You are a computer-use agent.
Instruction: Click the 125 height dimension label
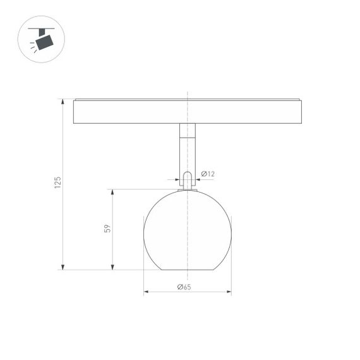pyautogui.click(x=57, y=183)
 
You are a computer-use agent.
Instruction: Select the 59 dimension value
pyautogui.click(x=107, y=229)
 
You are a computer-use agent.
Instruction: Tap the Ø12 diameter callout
pyautogui.click(x=208, y=174)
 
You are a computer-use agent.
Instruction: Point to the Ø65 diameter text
pyautogui.click(x=184, y=287)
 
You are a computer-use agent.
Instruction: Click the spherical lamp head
pyautogui.click(x=188, y=231)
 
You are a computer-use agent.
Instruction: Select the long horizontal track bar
pyautogui.click(x=188, y=112)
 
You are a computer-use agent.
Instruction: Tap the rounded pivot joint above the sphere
pyautogui.click(x=188, y=179)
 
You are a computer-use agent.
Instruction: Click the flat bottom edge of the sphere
pyautogui.click(x=188, y=270)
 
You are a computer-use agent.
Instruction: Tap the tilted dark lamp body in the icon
pyautogui.click(x=45, y=42)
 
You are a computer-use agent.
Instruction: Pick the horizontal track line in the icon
pyautogui.click(x=42, y=28)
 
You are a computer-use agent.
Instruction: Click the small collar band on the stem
pyautogui.click(x=188, y=137)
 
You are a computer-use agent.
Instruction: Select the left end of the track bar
pyautogui.click(x=76, y=112)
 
